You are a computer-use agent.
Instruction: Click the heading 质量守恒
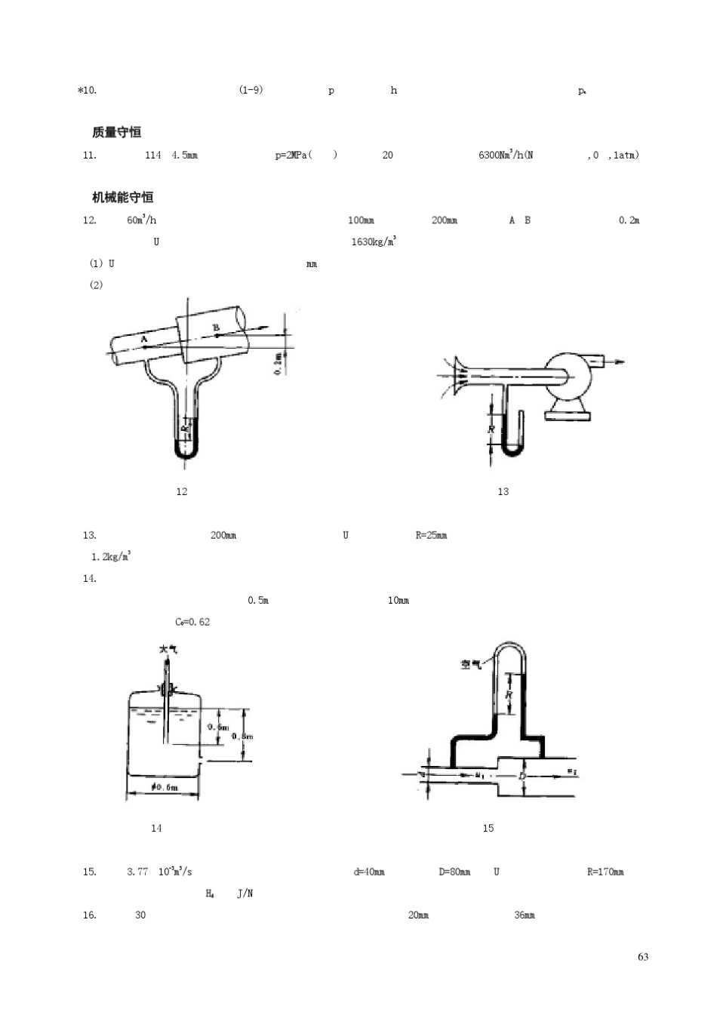tap(116, 132)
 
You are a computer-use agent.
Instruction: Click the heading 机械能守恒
tap(122, 197)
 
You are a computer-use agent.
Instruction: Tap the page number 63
tap(642, 957)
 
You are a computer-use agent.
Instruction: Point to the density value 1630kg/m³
tap(374, 241)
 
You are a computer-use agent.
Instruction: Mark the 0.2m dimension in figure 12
tap(278, 363)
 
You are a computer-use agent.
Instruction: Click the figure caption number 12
tap(181, 491)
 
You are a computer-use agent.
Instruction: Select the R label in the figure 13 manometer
tap(491, 429)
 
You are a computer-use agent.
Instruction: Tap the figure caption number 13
tap(503, 491)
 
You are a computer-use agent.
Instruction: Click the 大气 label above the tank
tap(168, 649)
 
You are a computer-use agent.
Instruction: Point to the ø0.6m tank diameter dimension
tap(164, 787)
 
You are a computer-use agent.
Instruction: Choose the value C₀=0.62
tap(192, 622)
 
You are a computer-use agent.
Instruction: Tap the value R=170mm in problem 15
tap(605, 872)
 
